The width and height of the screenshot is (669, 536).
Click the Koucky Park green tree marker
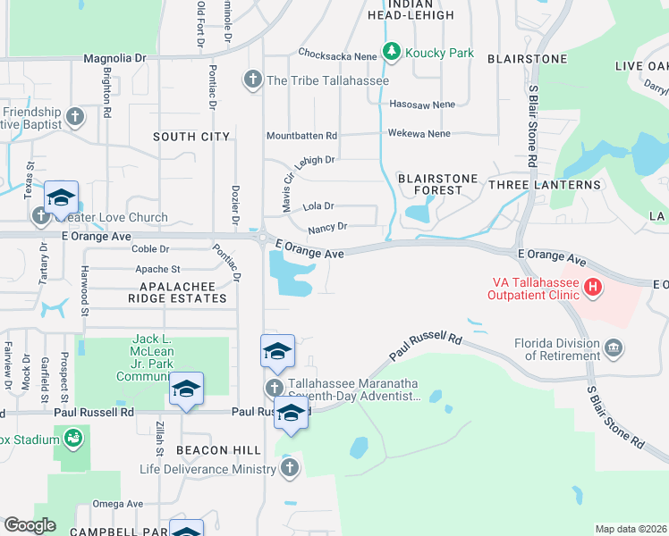[391, 53]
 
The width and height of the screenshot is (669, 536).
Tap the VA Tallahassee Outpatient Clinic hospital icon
[591, 288]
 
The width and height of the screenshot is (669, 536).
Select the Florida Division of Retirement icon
[613, 347]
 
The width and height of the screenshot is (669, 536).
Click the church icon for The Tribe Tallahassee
[253, 80]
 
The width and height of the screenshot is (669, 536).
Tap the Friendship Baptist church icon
[76, 117]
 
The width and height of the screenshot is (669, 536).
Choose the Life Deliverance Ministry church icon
[289, 468]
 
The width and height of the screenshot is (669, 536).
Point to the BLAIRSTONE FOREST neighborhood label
[438, 184]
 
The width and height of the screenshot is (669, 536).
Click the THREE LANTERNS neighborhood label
[544, 184]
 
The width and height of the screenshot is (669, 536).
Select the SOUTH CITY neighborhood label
[191, 137]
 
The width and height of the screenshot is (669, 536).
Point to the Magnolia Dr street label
[114, 58]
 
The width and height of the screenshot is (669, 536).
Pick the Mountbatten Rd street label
[301, 136]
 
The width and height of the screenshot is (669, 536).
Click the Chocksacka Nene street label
[338, 53]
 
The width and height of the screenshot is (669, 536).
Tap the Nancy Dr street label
[326, 229]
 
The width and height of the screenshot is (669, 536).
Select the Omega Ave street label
[118, 504]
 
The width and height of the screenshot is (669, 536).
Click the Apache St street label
[157, 269]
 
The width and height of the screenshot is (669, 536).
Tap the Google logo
[30, 525]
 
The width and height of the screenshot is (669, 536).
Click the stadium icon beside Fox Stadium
[72, 438]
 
